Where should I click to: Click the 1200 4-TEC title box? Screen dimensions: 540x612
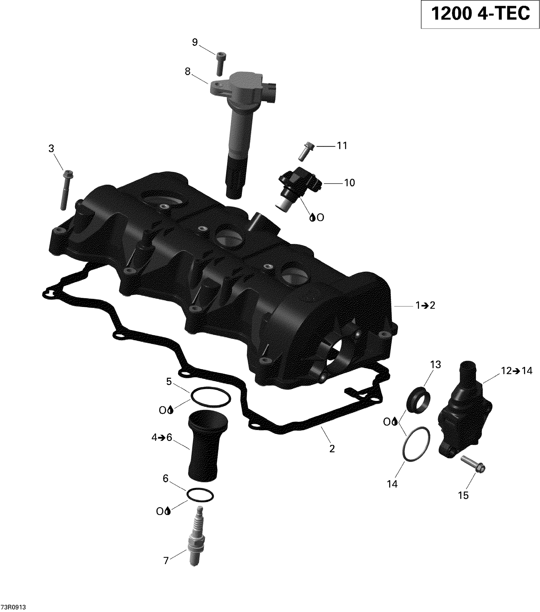(x=480, y=14)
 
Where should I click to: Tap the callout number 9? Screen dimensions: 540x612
(x=195, y=42)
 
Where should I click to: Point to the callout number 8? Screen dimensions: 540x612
(x=188, y=72)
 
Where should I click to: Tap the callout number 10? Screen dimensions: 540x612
(x=349, y=183)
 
